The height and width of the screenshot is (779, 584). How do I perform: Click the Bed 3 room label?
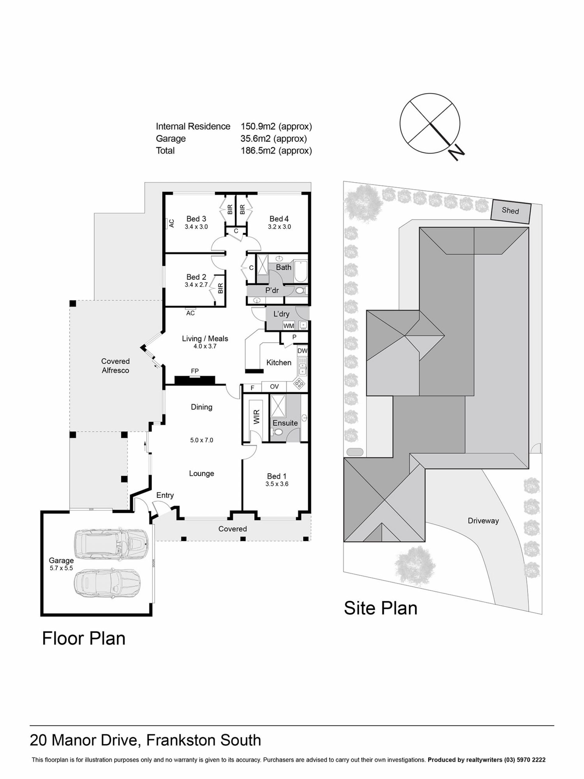tap(196, 219)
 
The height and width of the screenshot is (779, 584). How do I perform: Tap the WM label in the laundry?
tap(289, 326)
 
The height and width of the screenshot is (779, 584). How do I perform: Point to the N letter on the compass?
tap(456, 152)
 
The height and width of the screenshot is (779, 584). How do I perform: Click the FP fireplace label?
tap(195, 371)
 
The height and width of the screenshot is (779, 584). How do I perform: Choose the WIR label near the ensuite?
tap(256, 417)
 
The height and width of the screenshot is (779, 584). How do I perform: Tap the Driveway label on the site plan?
tap(483, 521)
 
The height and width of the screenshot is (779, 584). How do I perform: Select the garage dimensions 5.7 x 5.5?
tap(61, 568)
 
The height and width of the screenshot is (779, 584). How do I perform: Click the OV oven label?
tap(274, 386)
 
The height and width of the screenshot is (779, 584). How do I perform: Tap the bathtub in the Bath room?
tap(300, 271)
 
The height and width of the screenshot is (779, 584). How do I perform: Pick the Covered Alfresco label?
tap(116, 365)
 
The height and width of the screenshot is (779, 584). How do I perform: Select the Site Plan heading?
tap(381, 608)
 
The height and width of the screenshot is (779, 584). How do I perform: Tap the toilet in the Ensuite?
tap(278, 432)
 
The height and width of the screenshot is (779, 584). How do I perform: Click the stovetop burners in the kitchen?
tap(300, 383)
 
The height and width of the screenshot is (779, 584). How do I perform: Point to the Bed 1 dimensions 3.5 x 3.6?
tap(277, 484)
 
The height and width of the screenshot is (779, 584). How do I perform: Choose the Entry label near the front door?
tap(165, 495)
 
